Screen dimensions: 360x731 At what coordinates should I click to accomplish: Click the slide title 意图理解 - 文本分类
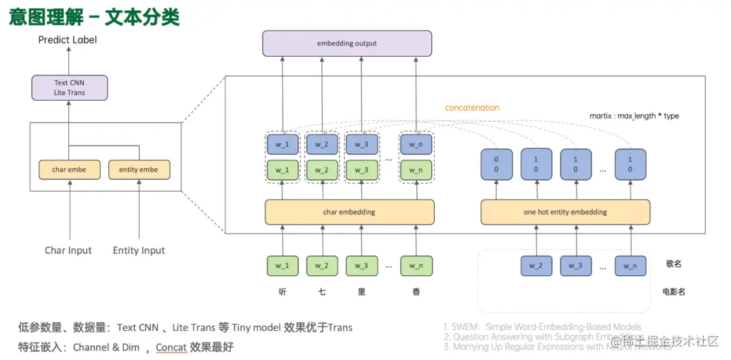(94, 17)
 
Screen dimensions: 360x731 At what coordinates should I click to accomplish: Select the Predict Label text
(68, 40)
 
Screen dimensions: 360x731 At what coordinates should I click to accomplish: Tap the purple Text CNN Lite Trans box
(69, 88)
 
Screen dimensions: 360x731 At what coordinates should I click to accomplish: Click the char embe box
(69, 169)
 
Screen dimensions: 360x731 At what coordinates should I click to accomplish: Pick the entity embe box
(138, 169)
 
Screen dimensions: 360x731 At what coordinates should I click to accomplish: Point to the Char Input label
(68, 250)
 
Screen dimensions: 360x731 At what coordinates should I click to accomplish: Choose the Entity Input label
(139, 250)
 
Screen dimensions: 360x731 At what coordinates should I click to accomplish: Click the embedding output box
(347, 43)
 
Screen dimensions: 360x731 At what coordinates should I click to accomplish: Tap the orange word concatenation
(472, 108)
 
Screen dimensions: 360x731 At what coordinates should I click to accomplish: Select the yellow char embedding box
(349, 212)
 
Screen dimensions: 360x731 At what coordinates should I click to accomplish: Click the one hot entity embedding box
(565, 212)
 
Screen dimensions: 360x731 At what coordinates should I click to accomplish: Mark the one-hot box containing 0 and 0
(495, 165)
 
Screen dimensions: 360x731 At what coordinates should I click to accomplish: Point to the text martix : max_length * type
(634, 116)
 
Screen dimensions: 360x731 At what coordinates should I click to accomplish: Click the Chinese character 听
(282, 292)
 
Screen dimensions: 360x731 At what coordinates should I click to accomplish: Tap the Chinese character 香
(416, 292)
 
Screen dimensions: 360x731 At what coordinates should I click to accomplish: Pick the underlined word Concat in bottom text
(171, 347)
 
